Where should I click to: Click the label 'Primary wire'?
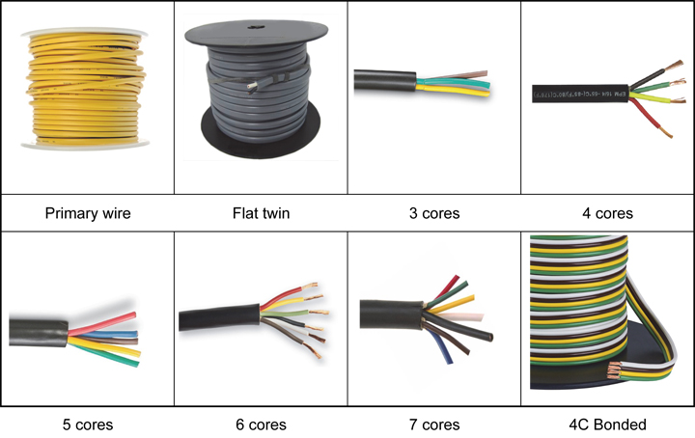(x=87, y=212)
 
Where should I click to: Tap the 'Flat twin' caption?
(x=261, y=212)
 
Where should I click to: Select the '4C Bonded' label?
(x=607, y=424)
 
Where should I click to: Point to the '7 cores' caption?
(x=433, y=424)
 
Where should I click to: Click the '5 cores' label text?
(x=87, y=424)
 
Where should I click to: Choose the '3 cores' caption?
(x=433, y=212)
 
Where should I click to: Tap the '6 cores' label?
(x=261, y=424)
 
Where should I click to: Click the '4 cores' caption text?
(x=607, y=212)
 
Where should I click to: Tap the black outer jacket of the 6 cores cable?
(x=217, y=317)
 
